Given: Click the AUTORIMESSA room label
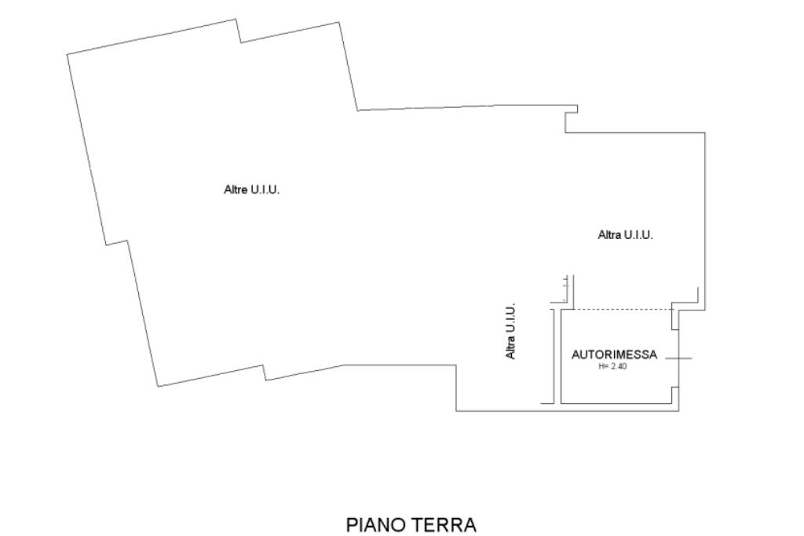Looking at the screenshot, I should [614, 355].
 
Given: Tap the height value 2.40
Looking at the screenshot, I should [617, 366].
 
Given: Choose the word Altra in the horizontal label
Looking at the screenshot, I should [609, 234].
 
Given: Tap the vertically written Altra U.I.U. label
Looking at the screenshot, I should [510, 332].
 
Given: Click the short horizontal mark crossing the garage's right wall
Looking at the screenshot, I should [678, 358].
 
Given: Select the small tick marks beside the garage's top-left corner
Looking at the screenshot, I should [566, 289].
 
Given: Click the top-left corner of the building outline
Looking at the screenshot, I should [68, 53].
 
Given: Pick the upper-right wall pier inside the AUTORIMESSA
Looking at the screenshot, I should [674, 318].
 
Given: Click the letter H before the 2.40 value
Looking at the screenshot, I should [601, 366].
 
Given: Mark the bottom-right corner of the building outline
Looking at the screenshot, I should [678, 410].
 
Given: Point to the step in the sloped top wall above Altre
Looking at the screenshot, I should [239, 31].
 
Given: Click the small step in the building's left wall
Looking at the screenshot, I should [116, 242].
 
